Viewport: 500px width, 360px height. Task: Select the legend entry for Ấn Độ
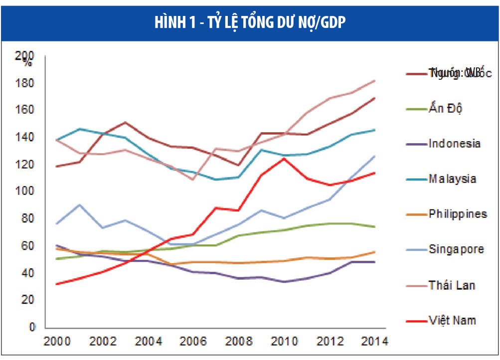445,108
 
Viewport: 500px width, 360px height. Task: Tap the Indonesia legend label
454,144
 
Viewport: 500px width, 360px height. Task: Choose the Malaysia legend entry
452,179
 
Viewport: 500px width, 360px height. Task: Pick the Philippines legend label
458,214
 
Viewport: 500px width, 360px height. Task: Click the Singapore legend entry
456,249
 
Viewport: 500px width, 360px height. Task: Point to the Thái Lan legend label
452,285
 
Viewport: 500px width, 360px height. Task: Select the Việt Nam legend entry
452,320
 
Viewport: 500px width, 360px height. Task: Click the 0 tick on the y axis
32,328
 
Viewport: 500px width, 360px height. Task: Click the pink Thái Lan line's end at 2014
375,81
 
